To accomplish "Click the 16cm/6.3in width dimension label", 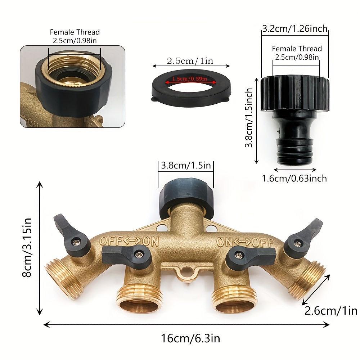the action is click(190, 338).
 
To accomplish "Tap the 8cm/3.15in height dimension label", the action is click(27, 248).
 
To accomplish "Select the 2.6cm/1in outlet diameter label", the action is click(331, 311).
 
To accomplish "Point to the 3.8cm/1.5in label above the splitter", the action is click(186, 165).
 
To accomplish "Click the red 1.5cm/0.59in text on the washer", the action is click(190, 79).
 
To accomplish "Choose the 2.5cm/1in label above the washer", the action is click(190, 61).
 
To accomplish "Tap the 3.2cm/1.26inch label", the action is click(295, 28).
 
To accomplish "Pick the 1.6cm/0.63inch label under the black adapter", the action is click(294, 179).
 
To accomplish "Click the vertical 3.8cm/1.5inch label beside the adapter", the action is click(249, 118).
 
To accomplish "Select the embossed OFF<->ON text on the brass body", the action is click(129, 241).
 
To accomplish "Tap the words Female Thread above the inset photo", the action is click(75, 32).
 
